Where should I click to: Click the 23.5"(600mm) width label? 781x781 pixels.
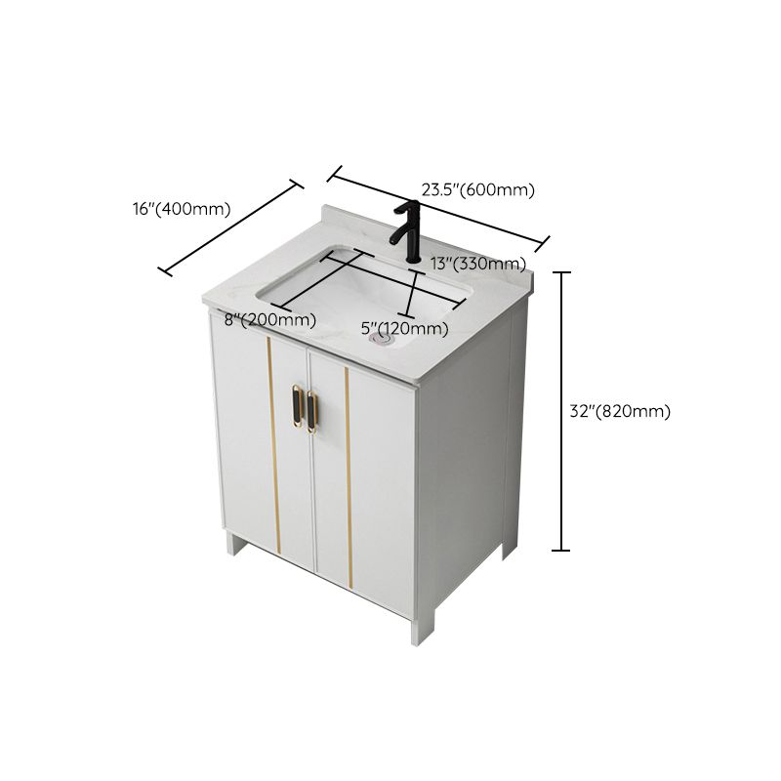tap(477, 189)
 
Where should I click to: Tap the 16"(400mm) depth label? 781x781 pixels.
tap(181, 208)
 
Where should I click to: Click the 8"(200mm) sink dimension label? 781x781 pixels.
tap(269, 319)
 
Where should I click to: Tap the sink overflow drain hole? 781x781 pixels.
tap(382, 341)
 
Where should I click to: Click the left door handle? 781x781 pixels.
tap(298, 408)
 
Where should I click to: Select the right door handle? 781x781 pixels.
tap(312, 410)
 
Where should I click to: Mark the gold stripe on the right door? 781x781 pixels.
tap(348, 478)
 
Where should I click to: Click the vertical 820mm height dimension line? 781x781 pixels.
tap(561, 411)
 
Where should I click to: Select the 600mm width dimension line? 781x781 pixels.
tap(437, 208)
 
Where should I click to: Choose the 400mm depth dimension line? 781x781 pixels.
tap(230, 227)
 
